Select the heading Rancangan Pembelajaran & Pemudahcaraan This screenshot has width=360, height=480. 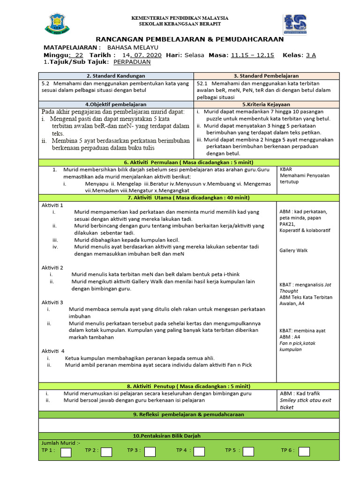coord(190,39)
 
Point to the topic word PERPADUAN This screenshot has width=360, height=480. coord(132,62)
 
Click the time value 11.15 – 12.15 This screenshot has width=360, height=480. coord(252,55)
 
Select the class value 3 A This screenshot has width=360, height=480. coord(311,55)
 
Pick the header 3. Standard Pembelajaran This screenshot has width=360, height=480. coord(266,75)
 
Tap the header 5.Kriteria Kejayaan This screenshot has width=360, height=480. coord(266,105)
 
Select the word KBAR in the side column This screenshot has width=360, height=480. coord(286,169)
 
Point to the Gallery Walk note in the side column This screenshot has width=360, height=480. coord(293,251)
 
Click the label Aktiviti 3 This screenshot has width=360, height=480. coord(52,302)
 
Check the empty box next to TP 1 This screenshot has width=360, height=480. coord(66,452)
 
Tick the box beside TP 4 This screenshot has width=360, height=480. coord(199,452)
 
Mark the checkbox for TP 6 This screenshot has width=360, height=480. coord(304,452)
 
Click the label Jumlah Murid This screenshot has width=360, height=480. coord(61,442)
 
